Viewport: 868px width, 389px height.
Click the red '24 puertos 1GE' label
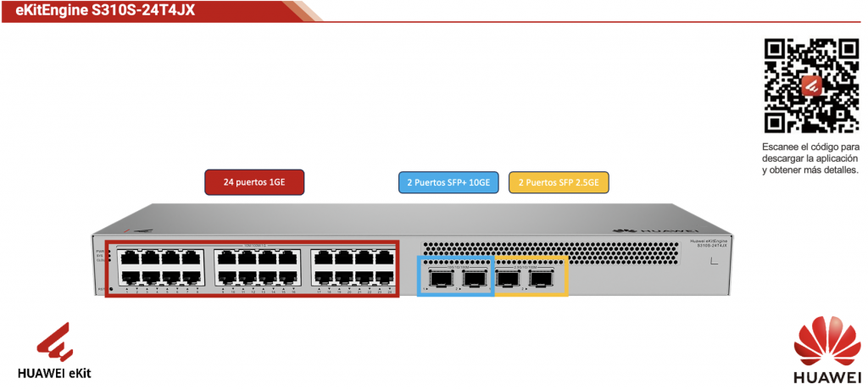click(253, 181)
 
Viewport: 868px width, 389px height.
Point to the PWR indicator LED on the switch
click(108, 253)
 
